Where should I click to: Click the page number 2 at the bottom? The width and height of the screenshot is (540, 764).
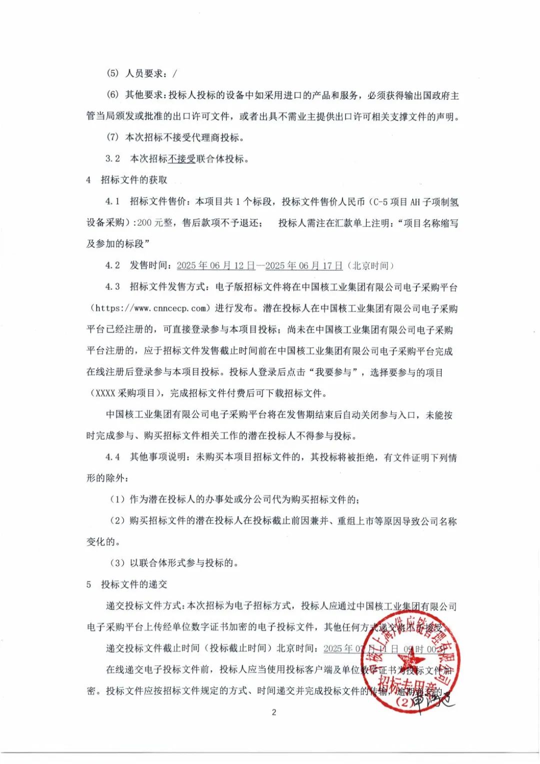pyautogui.click(x=273, y=712)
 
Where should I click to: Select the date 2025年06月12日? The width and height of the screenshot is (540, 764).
pyautogui.click(x=215, y=265)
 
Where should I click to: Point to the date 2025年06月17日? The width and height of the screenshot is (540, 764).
pyautogui.click(x=304, y=265)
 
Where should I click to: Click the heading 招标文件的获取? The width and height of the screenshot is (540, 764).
pyautogui.click(x=134, y=180)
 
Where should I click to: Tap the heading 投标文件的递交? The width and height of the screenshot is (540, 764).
pyautogui.click(x=134, y=584)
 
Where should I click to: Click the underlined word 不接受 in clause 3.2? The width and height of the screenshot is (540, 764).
pyautogui.click(x=181, y=159)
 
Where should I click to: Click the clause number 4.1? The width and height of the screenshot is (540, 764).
pyautogui.click(x=112, y=201)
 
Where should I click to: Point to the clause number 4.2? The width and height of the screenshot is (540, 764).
pyautogui.click(x=112, y=265)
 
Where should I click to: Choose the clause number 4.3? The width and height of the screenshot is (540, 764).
pyautogui.click(x=112, y=287)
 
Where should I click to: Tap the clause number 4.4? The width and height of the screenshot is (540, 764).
pyautogui.click(x=112, y=457)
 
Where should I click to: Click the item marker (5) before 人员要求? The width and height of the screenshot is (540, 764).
pyautogui.click(x=112, y=73)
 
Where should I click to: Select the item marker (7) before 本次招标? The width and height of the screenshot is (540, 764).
pyautogui.click(x=112, y=137)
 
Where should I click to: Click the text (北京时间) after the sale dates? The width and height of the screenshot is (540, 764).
pyautogui.click(x=370, y=265)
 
